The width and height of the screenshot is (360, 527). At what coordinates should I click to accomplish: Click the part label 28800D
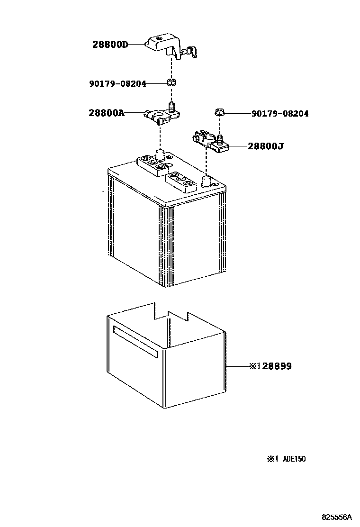(110, 45)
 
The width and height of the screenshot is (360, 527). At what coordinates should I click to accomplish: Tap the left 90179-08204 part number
(117, 83)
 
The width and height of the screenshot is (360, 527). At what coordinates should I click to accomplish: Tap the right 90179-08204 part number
(280, 114)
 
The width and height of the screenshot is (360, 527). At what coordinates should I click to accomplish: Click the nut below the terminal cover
(172, 83)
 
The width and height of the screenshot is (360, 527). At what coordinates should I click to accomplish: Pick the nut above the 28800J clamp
(219, 113)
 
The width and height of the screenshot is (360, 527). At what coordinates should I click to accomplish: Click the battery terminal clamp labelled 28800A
(161, 115)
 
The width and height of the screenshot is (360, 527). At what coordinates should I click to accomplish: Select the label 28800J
(265, 146)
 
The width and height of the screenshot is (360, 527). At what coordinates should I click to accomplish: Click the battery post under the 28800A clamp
(160, 154)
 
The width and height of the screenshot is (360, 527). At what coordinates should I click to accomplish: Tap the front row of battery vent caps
(182, 181)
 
